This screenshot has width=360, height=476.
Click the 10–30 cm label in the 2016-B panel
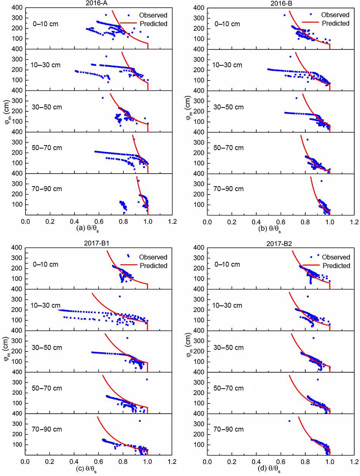(x=227, y=65)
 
